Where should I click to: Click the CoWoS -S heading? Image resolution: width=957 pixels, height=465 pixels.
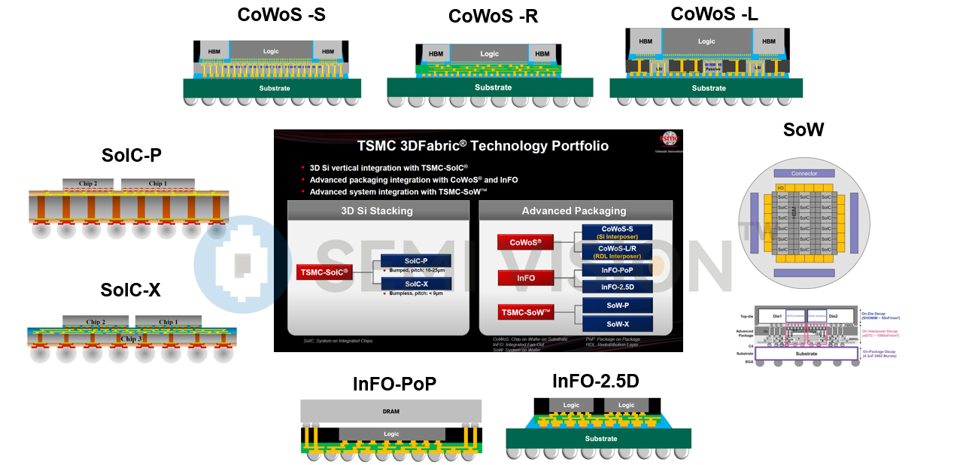[281, 14]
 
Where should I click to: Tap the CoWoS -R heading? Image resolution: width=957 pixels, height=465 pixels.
[493, 16]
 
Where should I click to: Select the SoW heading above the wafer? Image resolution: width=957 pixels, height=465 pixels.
[803, 129]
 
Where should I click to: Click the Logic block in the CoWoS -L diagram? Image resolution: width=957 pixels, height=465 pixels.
[706, 41]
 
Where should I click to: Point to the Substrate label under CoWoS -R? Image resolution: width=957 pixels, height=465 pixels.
[493, 87]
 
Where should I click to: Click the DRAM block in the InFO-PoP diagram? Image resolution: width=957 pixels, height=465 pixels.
[390, 411]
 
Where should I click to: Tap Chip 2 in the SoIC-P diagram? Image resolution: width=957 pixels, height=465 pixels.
[90, 184]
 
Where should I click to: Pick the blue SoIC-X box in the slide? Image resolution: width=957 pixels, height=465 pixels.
[416, 284]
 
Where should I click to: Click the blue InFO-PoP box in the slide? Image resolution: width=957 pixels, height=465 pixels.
[616, 269]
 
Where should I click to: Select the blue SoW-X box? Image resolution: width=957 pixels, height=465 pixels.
[616, 324]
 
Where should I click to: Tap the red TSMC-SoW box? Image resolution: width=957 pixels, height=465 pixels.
[526, 312]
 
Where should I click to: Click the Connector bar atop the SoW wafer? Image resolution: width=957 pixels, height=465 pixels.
[804, 173]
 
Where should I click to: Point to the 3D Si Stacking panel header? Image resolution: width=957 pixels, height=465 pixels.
[377, 211]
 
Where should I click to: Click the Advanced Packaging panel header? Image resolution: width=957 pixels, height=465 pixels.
[574, 211]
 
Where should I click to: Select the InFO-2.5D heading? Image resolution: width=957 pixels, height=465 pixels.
[595, 381]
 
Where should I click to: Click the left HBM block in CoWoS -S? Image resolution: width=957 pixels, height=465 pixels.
[214, 52]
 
